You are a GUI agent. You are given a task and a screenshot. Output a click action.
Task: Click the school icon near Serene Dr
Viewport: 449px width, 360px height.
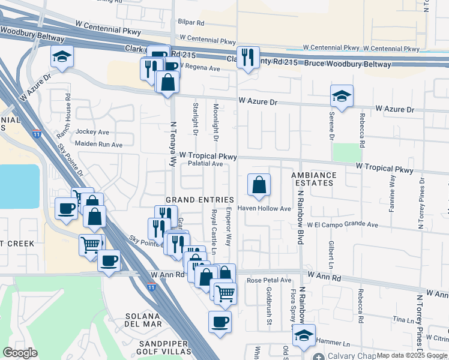tap(342, 96)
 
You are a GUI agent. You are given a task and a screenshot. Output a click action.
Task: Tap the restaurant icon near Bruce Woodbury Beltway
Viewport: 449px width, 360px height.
tap(248, 57)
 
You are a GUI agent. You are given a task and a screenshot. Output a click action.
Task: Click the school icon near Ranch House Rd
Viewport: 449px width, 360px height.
tap(62, 56)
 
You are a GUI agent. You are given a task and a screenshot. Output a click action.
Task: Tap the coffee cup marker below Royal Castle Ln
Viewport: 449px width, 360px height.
tap(220, 322)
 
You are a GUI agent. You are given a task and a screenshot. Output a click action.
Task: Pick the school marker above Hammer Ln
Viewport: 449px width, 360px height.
tap(304, 337)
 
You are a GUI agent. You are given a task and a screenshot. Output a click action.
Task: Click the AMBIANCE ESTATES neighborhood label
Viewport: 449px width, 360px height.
tap(314, 179)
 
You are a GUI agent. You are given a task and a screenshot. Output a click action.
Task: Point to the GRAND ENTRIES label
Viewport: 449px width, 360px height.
tap(199, 199)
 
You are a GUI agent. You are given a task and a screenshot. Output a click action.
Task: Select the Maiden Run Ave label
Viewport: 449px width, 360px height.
tap(98, 144)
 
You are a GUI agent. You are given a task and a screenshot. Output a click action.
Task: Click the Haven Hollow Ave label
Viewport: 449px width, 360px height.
tap(264, 209)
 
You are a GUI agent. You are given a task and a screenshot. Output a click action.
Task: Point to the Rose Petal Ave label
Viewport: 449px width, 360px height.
tap(269, 280)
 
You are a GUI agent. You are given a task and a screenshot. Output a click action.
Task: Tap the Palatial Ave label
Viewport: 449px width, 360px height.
tap(205, 163)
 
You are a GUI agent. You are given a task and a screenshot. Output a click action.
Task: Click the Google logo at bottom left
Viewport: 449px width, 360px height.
tap(20, 352)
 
